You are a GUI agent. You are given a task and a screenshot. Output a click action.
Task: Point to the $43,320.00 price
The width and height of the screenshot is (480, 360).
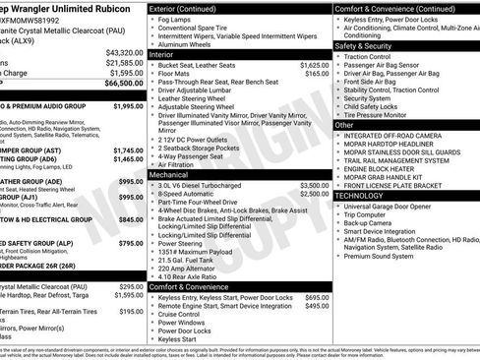[124, 52]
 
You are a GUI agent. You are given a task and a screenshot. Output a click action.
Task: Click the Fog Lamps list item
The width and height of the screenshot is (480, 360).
[187, 18]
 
